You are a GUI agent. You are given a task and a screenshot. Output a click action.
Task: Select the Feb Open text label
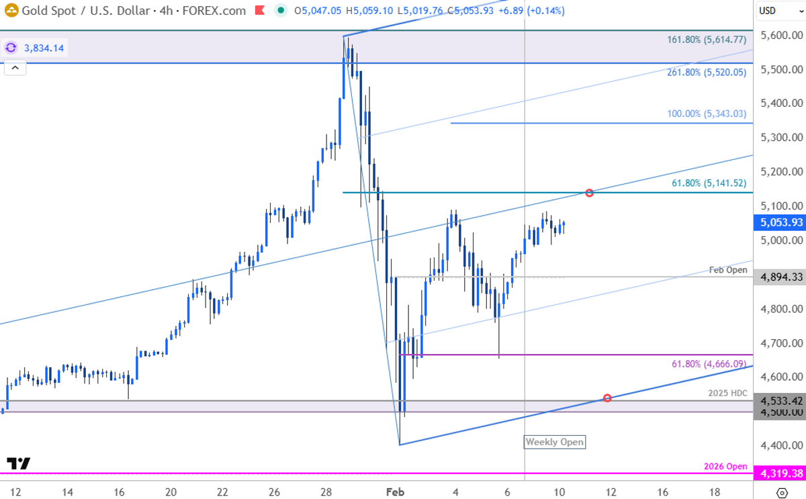point(728,270)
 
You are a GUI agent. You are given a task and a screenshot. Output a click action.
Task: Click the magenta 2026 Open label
point(725,466)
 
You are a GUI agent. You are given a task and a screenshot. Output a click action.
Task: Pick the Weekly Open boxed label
point(554,442)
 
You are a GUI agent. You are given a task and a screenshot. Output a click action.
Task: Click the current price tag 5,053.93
point(778,222)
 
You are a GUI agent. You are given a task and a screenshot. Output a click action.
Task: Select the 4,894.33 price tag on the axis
point(778,277)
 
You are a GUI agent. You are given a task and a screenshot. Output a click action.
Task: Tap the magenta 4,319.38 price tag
point(778,473)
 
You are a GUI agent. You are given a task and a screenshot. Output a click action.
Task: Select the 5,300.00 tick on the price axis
point(780,138)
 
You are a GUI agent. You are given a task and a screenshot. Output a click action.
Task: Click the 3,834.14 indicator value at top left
point(44,48)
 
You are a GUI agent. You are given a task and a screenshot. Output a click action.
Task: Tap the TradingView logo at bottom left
point(18,463)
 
